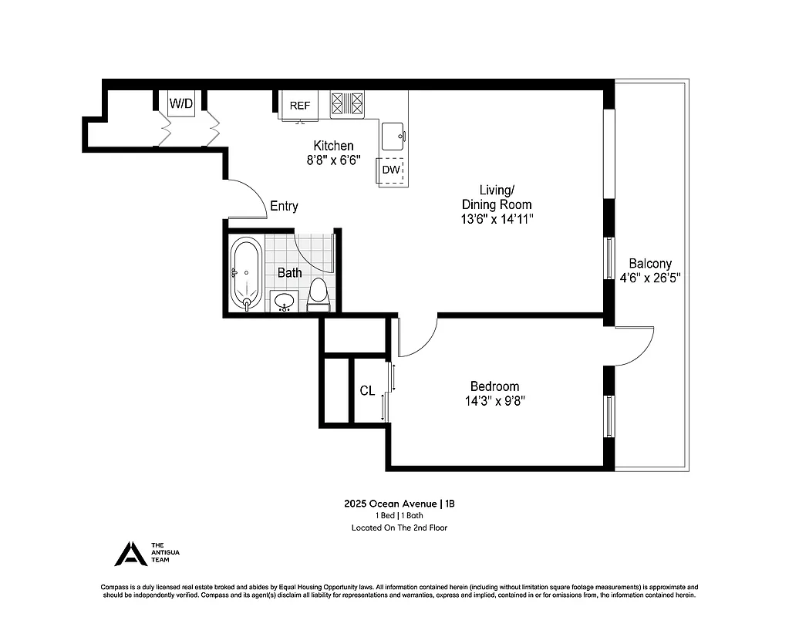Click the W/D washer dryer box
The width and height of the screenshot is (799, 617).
pyautogui.click(x=181, y=103)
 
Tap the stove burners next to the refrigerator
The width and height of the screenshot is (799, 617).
pyautogui.click(x=347, y=104)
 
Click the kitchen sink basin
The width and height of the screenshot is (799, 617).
pyautogui.click(x=393, y=136)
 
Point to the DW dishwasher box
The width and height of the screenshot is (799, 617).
pyautogui.click(x=391, y=170)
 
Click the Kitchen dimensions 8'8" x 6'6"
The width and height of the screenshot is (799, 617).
pyautogui.click(x=333, y=160)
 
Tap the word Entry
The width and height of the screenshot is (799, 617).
pyautogui.click(x=283, y=206)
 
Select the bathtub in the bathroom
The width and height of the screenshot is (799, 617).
pyautogui.click(x=247, y=273)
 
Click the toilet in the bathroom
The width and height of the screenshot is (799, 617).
pyautogui.click(x=318, y=295)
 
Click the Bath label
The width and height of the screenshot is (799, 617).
pyautogui.click(x=289, y=272)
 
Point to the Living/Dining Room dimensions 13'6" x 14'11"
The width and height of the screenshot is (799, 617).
pyautogui.click(x=496, y=218)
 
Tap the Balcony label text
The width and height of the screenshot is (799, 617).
pyautogui.click(x=649, y=262)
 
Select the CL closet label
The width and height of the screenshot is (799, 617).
pyautogui.click(x=367, y=391)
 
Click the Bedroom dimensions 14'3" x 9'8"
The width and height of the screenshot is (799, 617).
pyautogui.click(x=494, y=400)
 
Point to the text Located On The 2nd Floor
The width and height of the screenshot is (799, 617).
pyautogui.click(x=399, y=528)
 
